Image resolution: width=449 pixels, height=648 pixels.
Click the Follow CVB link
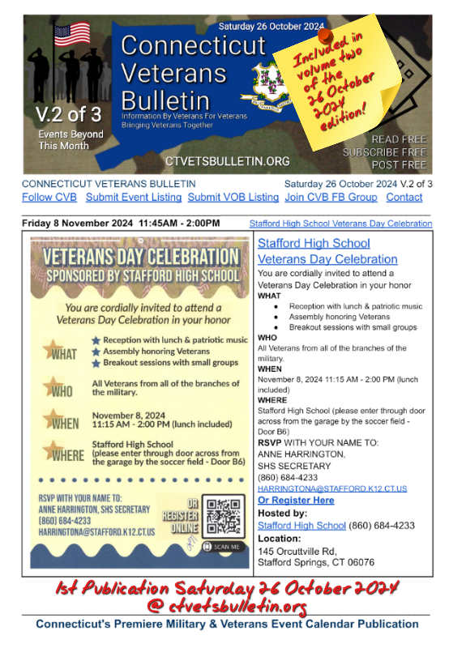point(50,197)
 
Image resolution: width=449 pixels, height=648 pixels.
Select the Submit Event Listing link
point(135,197)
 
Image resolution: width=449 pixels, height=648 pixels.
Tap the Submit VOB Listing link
point(233,197)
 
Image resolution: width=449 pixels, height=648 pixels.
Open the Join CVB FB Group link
point(331,197)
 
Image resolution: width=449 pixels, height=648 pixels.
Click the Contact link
point(404,197)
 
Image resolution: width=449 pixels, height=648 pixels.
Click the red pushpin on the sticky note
point(323,36)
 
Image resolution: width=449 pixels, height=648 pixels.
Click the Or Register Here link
point(295,501)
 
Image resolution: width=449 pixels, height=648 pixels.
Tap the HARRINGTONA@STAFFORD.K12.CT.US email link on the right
point(332,488)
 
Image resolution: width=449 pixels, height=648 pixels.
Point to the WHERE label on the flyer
point(64,453)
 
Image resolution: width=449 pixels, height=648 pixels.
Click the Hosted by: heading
point(283,514)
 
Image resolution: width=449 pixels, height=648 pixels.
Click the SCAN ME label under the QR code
point(228,547)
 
